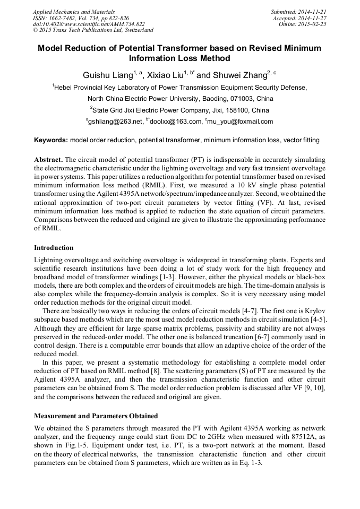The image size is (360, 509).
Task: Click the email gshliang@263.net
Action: tap(116, 122)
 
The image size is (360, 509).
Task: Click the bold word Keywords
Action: tap(50, 140)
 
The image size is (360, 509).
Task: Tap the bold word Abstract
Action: tap(48, 160)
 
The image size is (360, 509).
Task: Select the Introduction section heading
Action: tap(54, 248)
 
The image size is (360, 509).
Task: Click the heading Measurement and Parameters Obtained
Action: tap(96, 416)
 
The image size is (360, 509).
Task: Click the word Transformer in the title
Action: tap(164, 48)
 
